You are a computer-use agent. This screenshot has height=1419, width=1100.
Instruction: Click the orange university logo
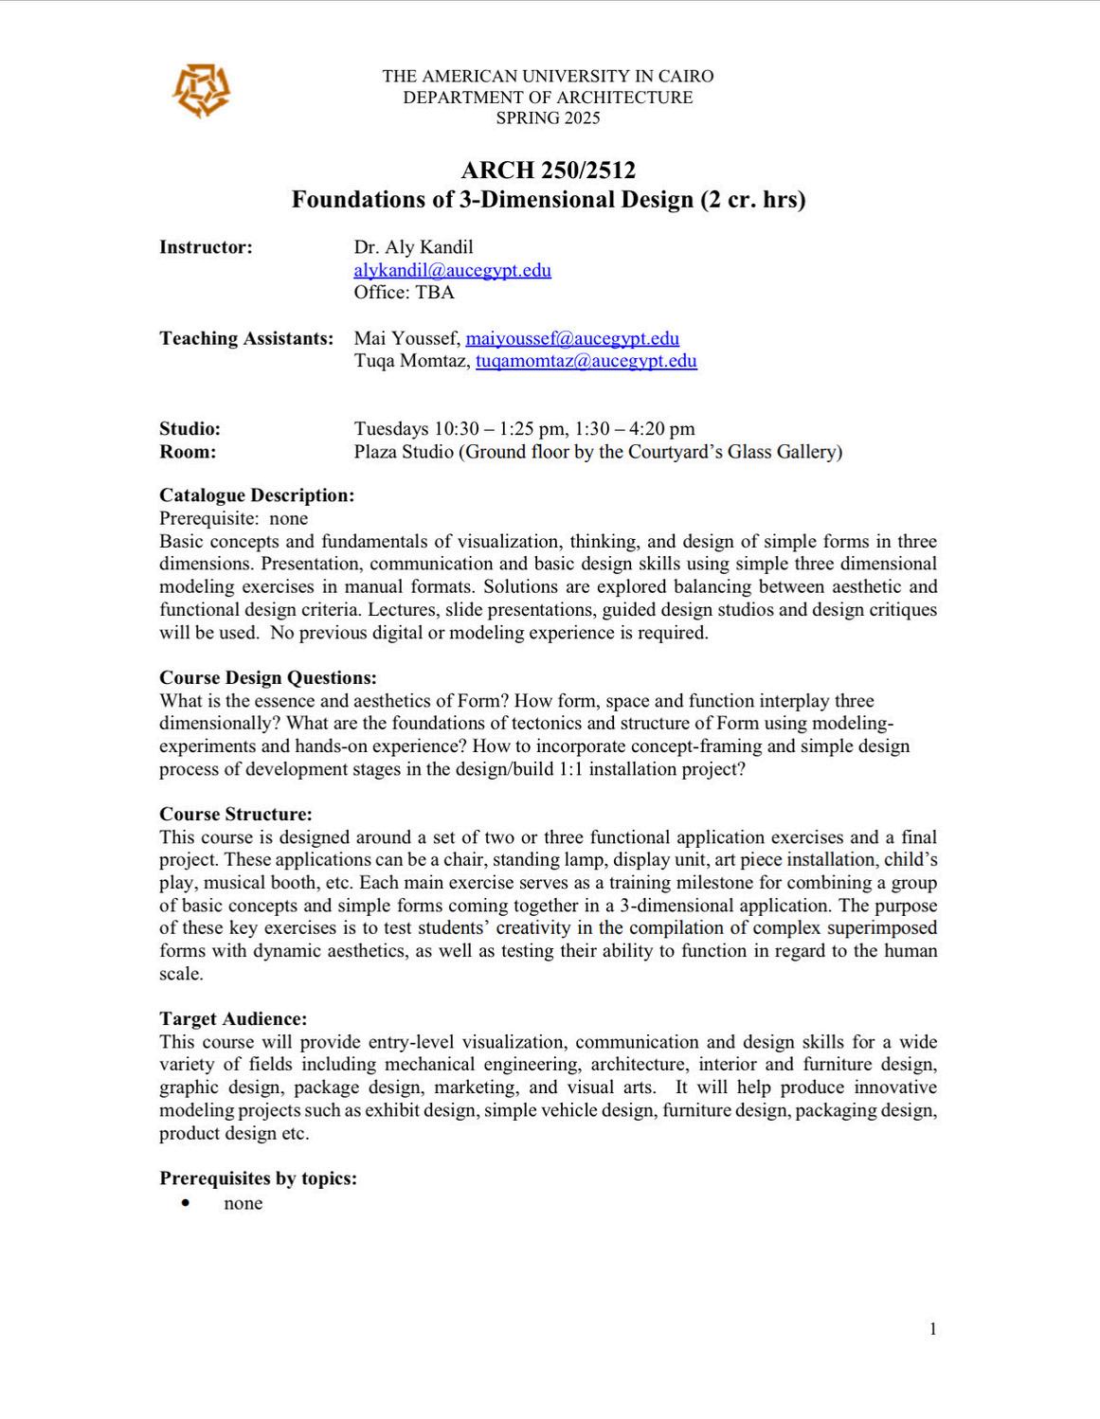[201, 92]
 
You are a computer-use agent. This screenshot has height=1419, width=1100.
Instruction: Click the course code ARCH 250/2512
[548, 171]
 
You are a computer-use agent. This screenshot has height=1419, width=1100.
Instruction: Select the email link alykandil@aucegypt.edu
[452, 270]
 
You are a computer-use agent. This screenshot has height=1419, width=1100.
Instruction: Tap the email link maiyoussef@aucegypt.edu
[572, 338]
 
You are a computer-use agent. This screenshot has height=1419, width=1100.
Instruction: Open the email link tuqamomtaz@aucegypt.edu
[586, 361]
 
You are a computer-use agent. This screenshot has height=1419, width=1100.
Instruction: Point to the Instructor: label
[206, 247]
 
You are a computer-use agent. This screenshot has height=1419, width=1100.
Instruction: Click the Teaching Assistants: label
[246, 338]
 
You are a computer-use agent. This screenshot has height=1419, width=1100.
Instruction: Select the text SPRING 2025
[548, 117]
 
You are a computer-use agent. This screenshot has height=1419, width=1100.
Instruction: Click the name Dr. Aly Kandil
[413, 247]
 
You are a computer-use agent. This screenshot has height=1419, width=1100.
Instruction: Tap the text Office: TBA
[404, 292]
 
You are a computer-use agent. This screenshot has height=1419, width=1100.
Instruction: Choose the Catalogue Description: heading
[257, 495]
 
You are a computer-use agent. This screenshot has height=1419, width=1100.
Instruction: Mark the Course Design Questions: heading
[267, 678]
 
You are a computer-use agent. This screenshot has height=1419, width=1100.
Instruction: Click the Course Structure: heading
[235, 815]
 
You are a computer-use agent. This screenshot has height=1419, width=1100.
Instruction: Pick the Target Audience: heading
[233, 1019]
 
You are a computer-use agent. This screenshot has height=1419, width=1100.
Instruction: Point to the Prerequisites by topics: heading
[258, 1178]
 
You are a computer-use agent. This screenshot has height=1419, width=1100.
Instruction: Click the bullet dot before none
[185, 1203]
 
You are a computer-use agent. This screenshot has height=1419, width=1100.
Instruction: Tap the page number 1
[932, 1329]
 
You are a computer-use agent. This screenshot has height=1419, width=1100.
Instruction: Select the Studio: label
[189, 429]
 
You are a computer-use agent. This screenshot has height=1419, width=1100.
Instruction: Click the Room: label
[188, 452]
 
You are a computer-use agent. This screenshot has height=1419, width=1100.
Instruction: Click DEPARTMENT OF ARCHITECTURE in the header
[548, 97]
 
